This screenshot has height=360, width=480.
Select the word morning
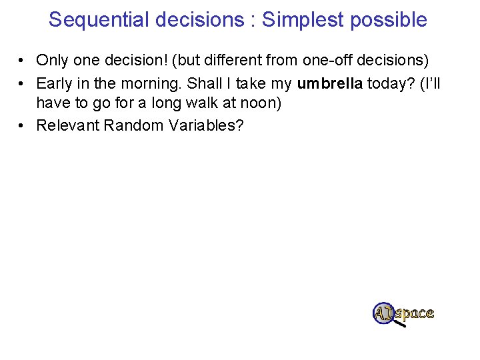coord(150,83)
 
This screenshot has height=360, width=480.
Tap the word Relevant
coord(67,125)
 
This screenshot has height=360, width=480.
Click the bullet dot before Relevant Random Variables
coord(22,125)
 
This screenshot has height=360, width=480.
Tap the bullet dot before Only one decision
coord(22,61)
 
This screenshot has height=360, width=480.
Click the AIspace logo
coord(404,313)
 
